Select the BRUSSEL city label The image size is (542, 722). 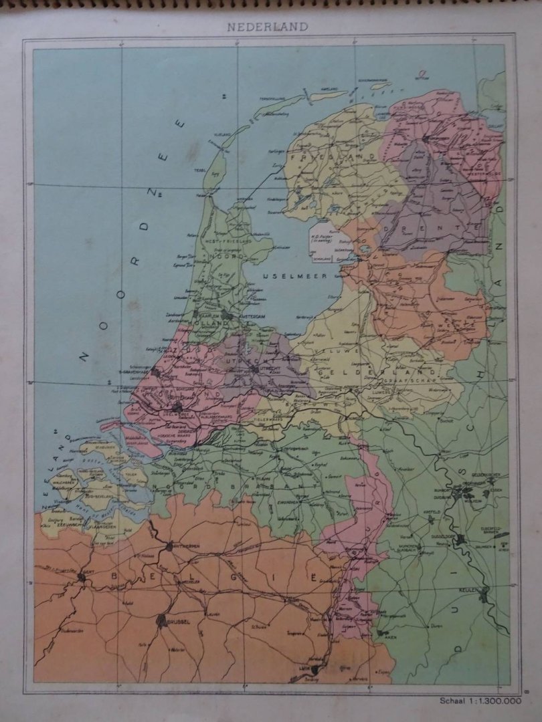tap(177, 621)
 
